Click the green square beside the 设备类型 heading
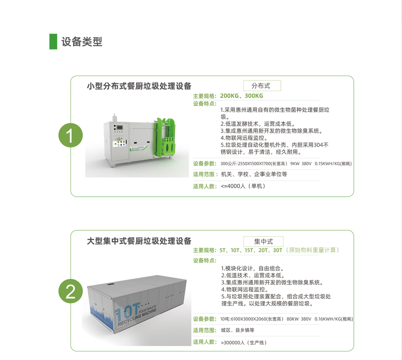click(53, 41)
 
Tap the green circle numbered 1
click(71, 135)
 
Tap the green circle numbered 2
click(71, 291)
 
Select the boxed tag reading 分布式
click(262, 85)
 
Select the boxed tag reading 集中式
click(263, 241)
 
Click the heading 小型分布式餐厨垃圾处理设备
click(139, 86)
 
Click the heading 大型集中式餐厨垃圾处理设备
click(139, 241)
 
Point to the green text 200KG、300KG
click(242, 96)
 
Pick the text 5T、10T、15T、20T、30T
click(251, 250)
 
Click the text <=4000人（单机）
click(243, 186)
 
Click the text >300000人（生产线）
click(243, 342)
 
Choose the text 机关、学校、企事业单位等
click(254, 174)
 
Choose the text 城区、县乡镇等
click(238, 330)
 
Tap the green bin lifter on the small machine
click(166, 137)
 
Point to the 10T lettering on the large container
click(127, 311)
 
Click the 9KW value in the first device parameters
click(295, 164)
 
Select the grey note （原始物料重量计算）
click(312, 250)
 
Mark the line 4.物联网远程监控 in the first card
click(244, 138)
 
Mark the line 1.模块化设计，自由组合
click(252, 268)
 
